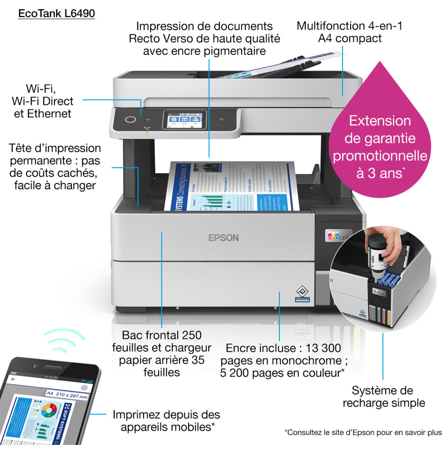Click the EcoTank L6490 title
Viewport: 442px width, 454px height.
click(56, 14)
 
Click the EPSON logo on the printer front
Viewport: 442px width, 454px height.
click(223, 237)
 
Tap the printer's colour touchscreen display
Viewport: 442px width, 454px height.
click(184, 120)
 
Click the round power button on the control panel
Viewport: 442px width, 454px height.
click(130, 119)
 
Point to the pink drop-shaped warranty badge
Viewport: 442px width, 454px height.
click(379, 136)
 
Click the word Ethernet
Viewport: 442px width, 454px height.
click(43, 113)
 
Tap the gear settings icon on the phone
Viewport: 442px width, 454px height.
click(84, 387)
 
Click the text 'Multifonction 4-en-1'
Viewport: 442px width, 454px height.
click(349, 26)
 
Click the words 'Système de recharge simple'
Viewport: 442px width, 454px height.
click(383, 396)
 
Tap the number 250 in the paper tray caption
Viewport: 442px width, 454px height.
click(191, 336)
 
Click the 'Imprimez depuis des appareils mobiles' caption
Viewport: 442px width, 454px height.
click(166, 420)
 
